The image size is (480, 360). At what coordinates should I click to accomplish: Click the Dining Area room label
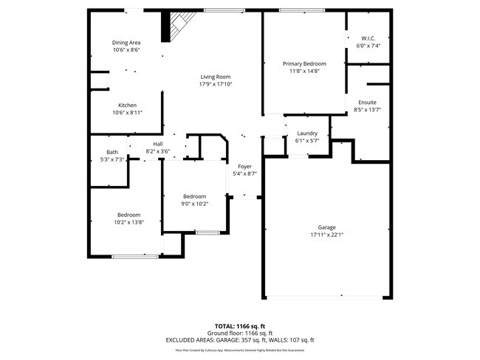(126, 43)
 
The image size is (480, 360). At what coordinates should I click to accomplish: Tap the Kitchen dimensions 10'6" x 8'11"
(127, 113)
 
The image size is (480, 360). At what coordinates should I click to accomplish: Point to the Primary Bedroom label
(304, 64)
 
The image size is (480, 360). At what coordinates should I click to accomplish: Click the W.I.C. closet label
(368, 38)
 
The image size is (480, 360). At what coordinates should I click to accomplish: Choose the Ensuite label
(368, 102)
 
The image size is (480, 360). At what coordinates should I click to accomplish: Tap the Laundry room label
(306, 134)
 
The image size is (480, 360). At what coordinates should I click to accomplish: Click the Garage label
(327, 228)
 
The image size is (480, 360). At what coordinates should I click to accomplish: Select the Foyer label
(244, 167)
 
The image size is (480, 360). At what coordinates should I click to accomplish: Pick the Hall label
(157, 144)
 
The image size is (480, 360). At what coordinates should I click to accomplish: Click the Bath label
(112, 152)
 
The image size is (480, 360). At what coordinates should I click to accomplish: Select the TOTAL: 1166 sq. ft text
(240, 325)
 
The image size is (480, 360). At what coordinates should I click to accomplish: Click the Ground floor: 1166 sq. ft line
(240, 333)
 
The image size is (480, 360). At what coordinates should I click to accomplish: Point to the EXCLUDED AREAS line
(240, 340)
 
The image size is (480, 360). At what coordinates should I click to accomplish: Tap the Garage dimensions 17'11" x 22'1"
(327, 235)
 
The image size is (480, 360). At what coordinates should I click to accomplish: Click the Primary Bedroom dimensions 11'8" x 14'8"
(304, 72)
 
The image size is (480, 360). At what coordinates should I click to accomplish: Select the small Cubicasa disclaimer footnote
(240, 352)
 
